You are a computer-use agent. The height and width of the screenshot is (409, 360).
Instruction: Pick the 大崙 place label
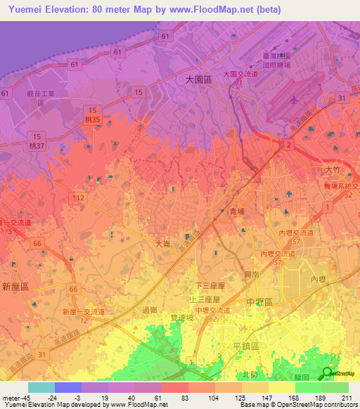[162, 244]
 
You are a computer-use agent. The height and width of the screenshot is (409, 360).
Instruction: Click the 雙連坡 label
[181, 318]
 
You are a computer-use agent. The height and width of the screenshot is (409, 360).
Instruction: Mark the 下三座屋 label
[209, 285]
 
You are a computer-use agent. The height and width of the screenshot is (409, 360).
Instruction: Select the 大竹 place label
[333, 170]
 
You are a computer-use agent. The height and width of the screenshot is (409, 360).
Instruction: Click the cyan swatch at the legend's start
[41, 387]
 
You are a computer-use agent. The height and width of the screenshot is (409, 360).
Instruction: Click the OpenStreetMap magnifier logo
[328, 373]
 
